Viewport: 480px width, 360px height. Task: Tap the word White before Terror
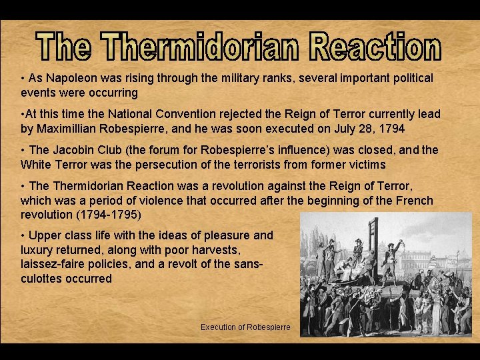point(36,164)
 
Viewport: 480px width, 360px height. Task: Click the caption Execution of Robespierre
point(245,327)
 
